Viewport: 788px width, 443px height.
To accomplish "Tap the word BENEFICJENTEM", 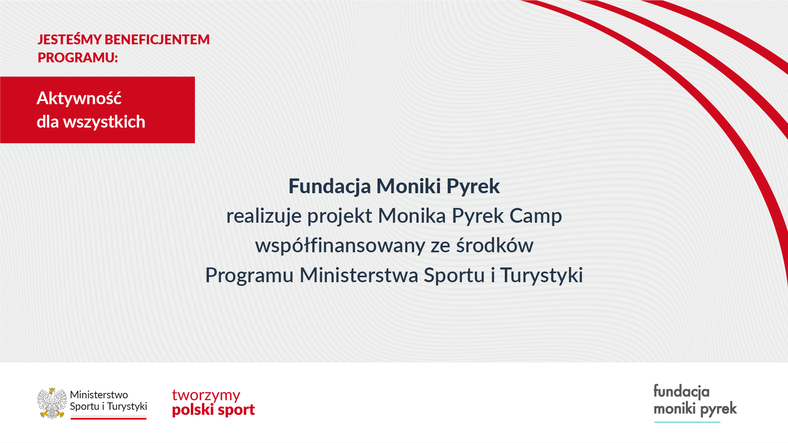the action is pyautogui.click(x=157, y=39).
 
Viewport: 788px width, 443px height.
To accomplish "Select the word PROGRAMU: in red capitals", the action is pyautogui.click(x=78, y=57).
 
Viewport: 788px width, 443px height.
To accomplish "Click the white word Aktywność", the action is pyautogui.click(x=79, y=98).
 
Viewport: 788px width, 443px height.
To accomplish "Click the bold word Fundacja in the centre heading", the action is pyautogui.click(x=330, y=187).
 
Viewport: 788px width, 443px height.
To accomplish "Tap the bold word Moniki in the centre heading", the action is pyautogui.click(x=409, y=186).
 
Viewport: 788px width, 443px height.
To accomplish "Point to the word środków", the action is pyautogui.click(x=495, y=245).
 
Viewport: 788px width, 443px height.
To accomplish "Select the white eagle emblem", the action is pyautogui.click(x=52, y=403).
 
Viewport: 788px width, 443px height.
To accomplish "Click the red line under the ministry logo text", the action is pyautogui.click(x=108, y=418).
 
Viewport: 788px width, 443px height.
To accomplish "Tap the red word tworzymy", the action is pyautogui.click(x=206, y=395).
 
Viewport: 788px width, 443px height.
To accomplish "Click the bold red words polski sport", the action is pyautogui.click(x=213, y=410).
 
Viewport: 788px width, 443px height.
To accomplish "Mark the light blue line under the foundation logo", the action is pyautogui.click(x=687, y=422).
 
